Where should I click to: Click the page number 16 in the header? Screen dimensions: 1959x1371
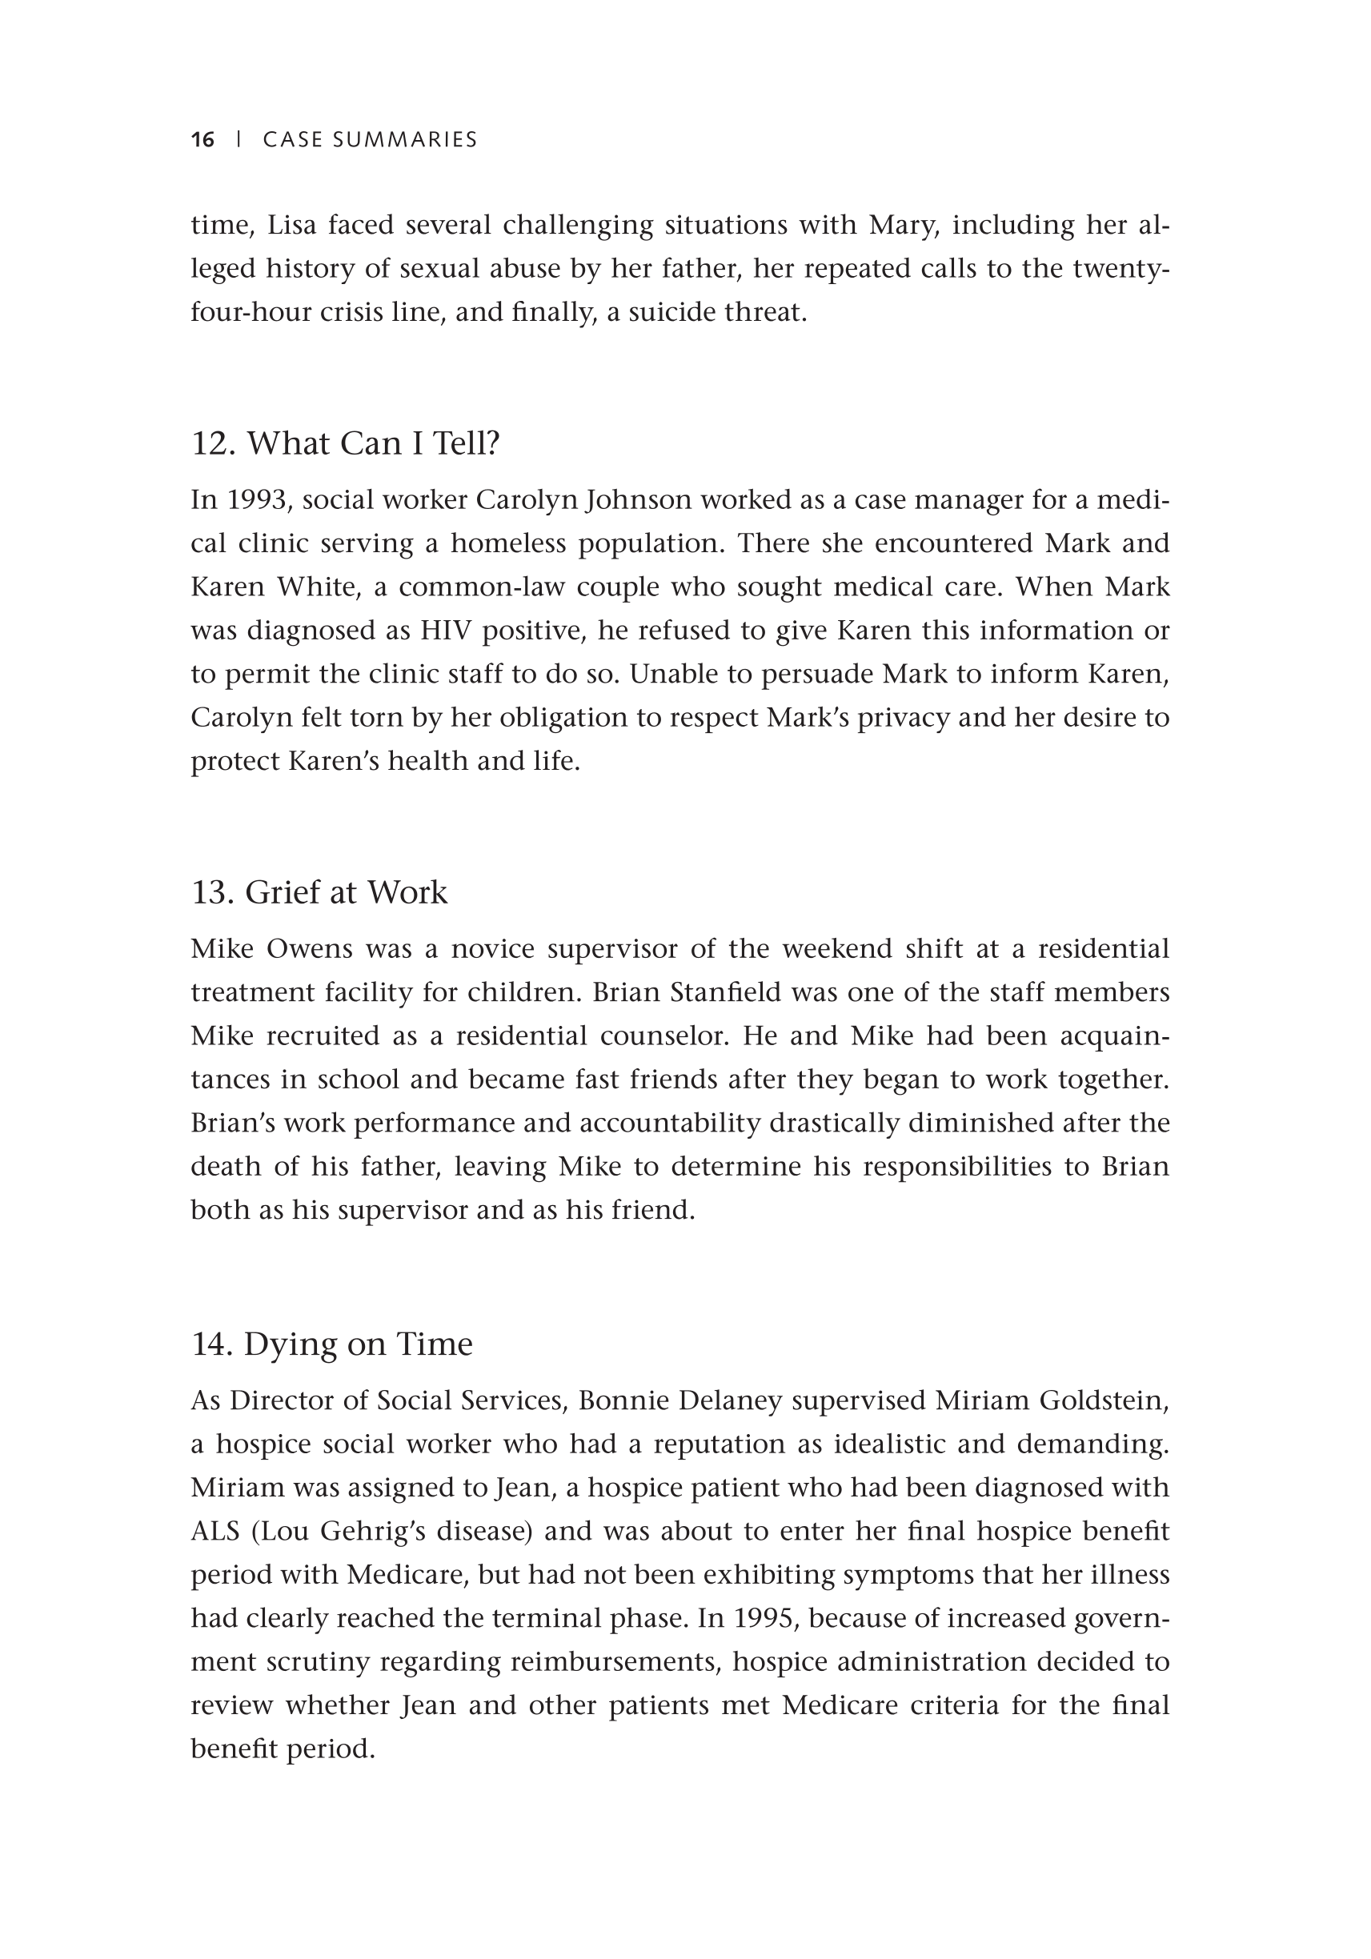[x=203, y=140]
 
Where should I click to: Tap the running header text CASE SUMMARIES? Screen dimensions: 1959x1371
[x=370, y=140]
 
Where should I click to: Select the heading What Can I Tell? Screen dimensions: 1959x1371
[x=345, y=443]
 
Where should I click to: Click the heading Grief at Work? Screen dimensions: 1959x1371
[x=319, y=892]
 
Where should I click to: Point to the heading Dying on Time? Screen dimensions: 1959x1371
[x=332, y=1344]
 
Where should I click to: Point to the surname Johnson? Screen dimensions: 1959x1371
[x=639, y=500]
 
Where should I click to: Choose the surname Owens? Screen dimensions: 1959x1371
[x=307, y=950]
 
